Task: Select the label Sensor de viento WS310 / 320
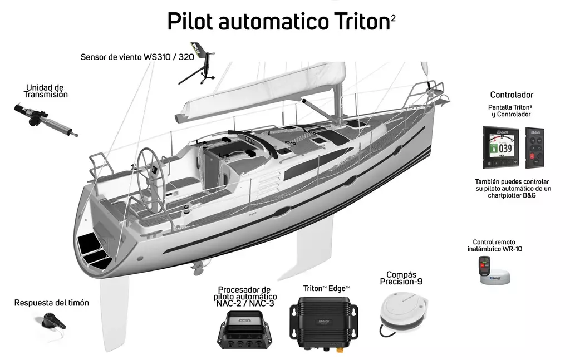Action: click(137, 57)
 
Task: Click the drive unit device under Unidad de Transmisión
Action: click(45, 120)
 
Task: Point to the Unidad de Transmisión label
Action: click(46, 91)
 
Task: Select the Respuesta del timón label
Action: click(52, 303)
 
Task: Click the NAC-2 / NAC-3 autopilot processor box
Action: click(244, 330)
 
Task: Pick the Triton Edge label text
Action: click(326, 288)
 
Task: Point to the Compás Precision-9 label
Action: click(401, 278)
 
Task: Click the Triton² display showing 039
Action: click(501, 147)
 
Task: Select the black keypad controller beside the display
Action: click(535, 147)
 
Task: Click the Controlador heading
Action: click(512, 95)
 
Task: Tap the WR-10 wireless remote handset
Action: click(484, 267)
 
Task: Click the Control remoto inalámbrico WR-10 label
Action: click(494, 245)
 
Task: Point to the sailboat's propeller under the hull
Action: click(198, 268)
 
